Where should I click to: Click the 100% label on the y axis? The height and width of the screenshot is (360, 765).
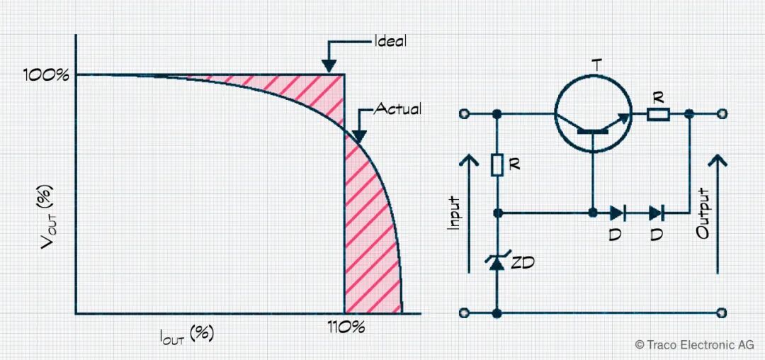click(x=46, y=75)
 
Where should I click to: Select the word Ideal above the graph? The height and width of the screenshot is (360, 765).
click(x=390, y=40)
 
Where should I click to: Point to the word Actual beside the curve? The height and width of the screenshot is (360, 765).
click(x=397, y=109)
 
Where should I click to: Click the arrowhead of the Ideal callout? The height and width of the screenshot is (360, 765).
click(x=329, y=67)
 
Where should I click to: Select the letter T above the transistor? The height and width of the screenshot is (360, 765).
click(x=595, y=65)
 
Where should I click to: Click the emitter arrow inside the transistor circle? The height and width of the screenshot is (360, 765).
click(x=624, y=118)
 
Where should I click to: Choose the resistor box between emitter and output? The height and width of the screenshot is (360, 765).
click(x=659, y=114)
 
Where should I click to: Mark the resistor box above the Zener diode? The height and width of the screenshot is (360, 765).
click(x=497, y=165)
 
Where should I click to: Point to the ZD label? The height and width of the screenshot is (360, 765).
click(x=522, y=264)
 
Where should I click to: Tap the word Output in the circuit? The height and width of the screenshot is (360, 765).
click(x=704, y=213)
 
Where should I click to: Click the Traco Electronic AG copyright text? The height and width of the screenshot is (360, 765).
click(x=695, y=345)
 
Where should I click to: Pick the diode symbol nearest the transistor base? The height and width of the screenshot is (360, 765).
click(x=617, y=213)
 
